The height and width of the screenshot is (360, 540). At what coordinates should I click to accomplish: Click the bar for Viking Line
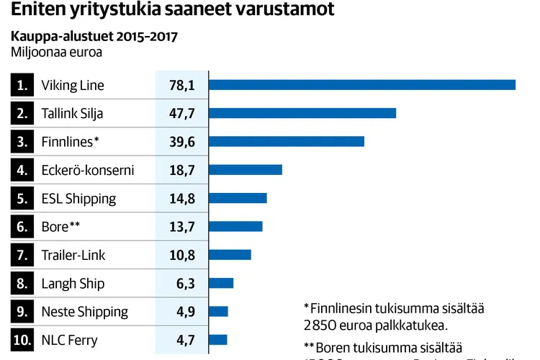click(x=362, y=85)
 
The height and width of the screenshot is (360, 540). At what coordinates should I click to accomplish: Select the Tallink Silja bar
click(x=302, y=113)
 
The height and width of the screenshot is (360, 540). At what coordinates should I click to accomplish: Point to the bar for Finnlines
click(x=287, y=141)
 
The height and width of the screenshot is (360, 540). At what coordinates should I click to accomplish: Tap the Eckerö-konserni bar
click(x=246, y=170)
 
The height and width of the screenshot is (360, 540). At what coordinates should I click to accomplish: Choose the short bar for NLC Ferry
click(x=218, y=340)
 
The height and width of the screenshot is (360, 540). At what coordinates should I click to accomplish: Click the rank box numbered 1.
click(x=22, y=85)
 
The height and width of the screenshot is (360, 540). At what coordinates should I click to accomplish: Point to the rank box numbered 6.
click(x=22, y=227)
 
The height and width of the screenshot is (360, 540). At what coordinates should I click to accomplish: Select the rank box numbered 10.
click(x=22, y=340)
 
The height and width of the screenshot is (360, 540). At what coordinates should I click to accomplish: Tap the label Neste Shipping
click(x=85, y=312)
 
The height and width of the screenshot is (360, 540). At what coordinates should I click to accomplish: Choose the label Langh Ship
click(x=73, y=284)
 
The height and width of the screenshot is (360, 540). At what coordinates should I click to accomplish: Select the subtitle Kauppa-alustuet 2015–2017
click(x=94, y=36)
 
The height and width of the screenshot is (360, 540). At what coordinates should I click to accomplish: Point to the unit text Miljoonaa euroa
click(x=56, y=52)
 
